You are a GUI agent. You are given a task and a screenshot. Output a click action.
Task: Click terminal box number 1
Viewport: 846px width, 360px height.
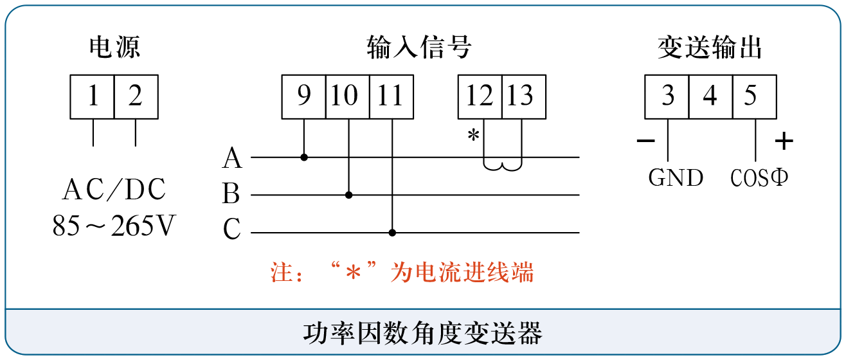point(92,96)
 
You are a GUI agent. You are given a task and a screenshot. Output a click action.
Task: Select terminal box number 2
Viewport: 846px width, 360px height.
point(136,96)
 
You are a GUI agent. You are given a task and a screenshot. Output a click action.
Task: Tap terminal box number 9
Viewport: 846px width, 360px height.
point(303,96)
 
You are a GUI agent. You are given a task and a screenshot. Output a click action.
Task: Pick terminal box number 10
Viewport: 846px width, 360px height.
point(347,96)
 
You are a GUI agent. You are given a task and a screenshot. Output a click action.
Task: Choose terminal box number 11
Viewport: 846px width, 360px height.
point(392,96)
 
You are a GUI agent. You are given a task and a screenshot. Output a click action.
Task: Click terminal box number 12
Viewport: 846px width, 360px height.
point(480,96)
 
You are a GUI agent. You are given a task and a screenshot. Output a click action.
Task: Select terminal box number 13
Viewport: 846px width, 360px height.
point(524,96)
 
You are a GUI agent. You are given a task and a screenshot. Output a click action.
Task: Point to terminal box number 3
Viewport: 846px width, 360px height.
point(667,96)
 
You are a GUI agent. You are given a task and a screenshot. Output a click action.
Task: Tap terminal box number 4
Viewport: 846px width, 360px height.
point(711,96)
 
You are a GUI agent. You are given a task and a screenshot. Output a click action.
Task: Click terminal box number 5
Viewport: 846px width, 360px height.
point(755,96)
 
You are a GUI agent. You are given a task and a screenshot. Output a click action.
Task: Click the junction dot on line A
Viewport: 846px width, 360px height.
point(304,157)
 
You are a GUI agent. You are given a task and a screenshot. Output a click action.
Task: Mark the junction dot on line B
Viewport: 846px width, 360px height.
point(348,195)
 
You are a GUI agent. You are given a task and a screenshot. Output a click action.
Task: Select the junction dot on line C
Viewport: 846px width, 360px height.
point(392,233)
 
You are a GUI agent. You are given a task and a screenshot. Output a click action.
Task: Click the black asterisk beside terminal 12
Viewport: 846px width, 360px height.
point(473,134)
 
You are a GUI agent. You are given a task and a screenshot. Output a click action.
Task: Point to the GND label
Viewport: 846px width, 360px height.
point(676,177)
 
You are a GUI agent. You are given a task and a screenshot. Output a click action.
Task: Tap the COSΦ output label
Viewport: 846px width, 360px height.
point(759,177)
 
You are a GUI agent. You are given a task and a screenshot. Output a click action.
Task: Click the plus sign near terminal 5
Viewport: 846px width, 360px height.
point(784,141)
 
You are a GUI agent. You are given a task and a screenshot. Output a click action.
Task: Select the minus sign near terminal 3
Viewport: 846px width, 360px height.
point(645,141)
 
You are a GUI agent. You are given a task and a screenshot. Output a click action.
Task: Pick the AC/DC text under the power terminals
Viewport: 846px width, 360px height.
point(114,190)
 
